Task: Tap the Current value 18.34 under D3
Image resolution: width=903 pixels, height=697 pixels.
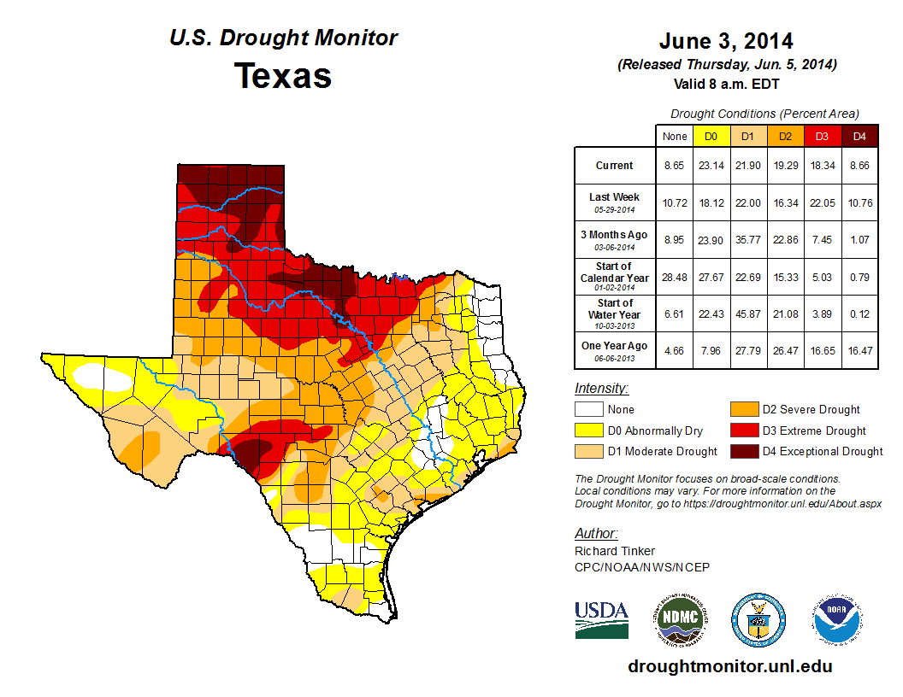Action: coord(822,166)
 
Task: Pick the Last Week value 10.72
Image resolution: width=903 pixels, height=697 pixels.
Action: coord(675,202)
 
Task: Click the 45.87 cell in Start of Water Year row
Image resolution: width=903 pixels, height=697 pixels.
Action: coord(748,314)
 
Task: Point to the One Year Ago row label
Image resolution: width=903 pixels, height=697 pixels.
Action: coord(614,346)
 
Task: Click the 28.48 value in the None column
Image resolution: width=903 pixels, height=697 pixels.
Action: coord(675,278)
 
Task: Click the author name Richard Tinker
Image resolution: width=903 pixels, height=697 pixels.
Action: coord(615,551)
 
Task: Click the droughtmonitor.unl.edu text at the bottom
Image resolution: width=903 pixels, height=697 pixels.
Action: coord(729,666)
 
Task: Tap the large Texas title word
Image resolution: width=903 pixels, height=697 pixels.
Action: coord(283,76)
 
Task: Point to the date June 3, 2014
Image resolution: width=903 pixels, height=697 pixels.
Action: coord(726,41)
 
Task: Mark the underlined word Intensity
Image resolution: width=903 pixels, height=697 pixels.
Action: coord(601,389)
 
